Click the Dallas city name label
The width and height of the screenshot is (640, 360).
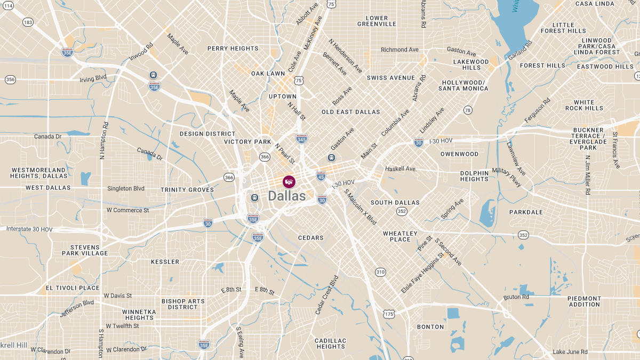(287, 196)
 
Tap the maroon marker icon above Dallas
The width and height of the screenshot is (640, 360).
(289, 181)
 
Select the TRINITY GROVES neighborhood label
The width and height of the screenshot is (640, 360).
(187, 190)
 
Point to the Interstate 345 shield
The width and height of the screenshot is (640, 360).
(301, 139)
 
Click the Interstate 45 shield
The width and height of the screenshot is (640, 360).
(321, 175)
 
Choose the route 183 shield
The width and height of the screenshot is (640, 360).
(28, 22)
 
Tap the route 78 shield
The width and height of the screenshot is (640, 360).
(468, 110)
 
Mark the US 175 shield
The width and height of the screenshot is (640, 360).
(389, 314)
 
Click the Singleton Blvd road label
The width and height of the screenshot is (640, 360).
(126, 188)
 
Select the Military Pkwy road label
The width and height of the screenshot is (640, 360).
(507, 177)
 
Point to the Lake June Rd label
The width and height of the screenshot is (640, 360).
(570, 351)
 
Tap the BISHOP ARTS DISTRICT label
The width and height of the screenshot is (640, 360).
(183, 304)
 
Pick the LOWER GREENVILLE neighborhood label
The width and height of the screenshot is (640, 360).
(377, 21)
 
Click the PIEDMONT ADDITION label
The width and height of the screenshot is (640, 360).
(584, 301)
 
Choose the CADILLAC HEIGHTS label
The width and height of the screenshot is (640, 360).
(331, 343)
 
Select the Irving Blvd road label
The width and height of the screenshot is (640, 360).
(93, 78)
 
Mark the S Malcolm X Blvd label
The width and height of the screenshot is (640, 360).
(361, 206)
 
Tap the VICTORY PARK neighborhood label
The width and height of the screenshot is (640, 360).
(247, 142)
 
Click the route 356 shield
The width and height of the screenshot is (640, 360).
(10, 79)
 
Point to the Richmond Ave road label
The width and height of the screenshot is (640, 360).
(399, 50)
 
